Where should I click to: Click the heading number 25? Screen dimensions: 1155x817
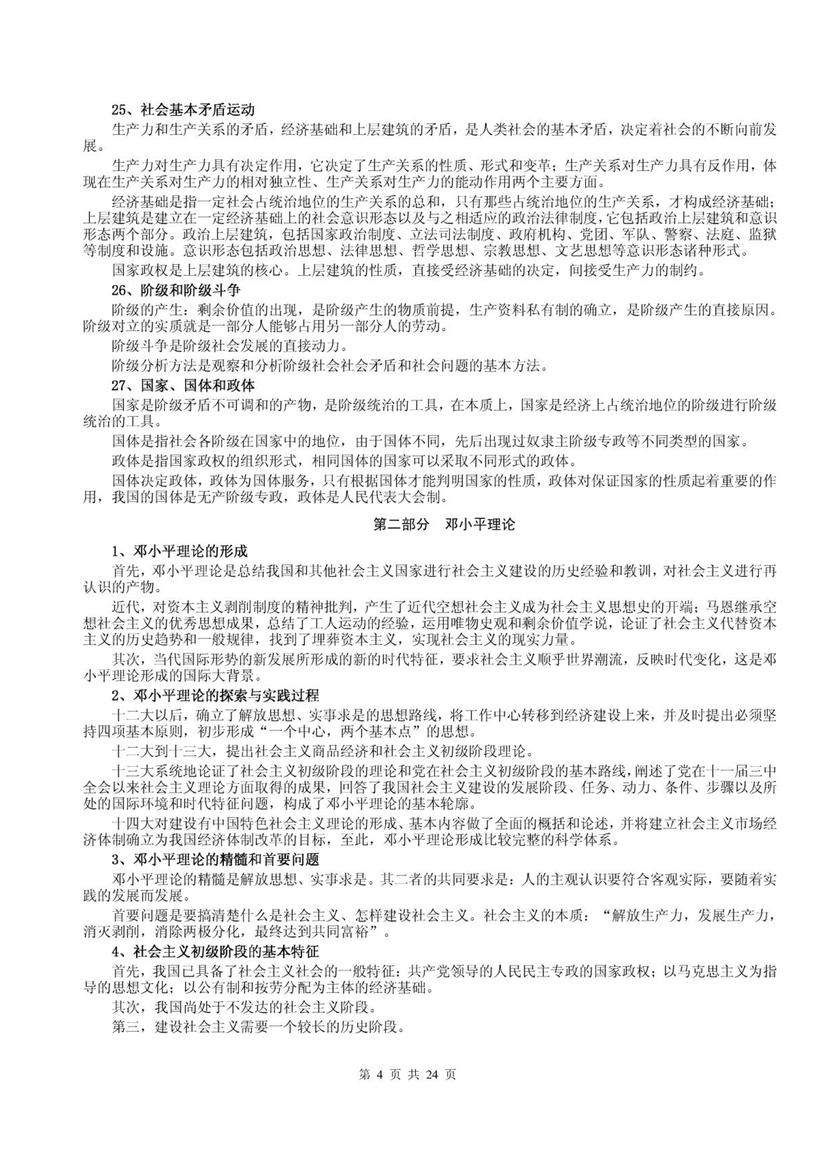[118, 110]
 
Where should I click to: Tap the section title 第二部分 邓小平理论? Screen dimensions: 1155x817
[444, 525]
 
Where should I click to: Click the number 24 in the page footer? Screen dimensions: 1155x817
[433, 1074]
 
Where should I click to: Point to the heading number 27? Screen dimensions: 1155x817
[118, 385]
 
